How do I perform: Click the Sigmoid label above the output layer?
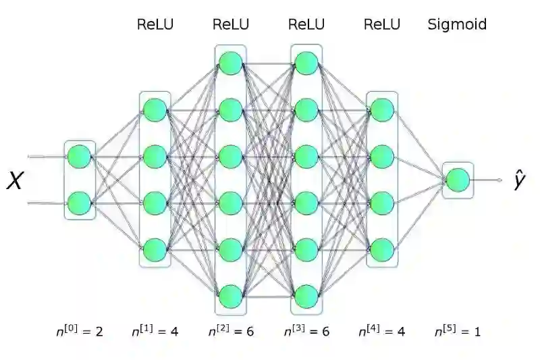457,25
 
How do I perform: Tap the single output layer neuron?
458,180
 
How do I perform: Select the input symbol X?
15,180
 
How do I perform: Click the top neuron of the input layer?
80,155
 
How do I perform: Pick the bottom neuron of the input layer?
80,202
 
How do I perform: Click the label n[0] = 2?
80,331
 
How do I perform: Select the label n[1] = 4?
155,331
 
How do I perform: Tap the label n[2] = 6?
231,331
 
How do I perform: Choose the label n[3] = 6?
306,331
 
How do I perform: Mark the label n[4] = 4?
382,331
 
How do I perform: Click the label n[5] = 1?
458,331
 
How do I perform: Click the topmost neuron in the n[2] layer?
231,63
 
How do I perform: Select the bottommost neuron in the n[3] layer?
306,295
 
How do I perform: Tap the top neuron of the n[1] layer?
155,109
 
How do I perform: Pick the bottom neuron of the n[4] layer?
382,249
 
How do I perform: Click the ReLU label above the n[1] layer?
155,25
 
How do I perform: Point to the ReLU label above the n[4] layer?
382,25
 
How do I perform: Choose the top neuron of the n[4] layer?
382,109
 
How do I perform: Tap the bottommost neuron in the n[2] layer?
231,295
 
